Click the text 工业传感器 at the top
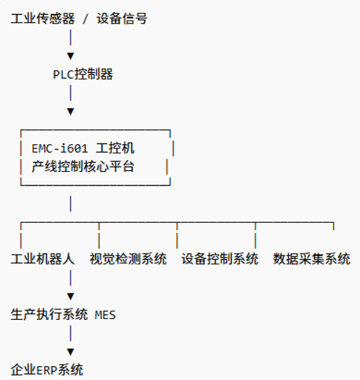click(x=43, y=19)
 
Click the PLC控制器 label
click(x=82, y=74)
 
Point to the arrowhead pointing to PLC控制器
click(x=70, y=56)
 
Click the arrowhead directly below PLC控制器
click(x=70, y=111)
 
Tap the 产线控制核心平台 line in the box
click(x=83, y=167)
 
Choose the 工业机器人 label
click(x=43, y=259)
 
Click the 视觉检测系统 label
click(x=128, y=259)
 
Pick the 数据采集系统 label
click(x=312, y=259)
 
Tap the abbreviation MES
click(x=105, y=314)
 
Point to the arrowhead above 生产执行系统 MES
click(x=70, y=296)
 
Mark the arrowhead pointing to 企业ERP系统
click(x=70, y=352)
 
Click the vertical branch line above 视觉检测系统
click(x=99, y=237)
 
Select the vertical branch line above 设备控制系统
click(x=177, y=237)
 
